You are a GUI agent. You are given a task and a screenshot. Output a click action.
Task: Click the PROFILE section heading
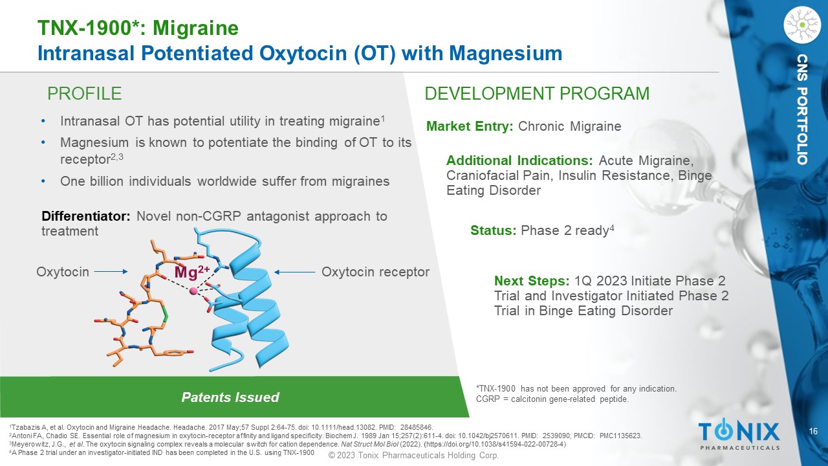point(84,94)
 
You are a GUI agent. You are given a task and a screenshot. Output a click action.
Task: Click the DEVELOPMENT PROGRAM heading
point(537,94)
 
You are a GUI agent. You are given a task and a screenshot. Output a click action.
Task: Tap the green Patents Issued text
point(230,397)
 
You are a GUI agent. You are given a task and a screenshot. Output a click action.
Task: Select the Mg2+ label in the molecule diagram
point(192,272)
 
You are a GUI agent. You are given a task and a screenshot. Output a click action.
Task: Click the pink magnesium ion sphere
point(193,291)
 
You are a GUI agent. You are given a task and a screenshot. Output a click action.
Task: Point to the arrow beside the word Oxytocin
point(111,272)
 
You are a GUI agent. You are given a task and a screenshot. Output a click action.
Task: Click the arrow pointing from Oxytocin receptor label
point(294,272)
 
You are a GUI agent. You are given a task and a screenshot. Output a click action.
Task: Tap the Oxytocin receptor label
point(375,272)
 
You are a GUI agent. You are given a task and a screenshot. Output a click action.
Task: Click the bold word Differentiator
point(86,216)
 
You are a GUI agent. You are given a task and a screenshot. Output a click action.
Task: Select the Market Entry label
point(470,126)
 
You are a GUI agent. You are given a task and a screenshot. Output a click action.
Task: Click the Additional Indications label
point(519,161)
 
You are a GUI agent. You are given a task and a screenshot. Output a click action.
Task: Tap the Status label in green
point(493,230)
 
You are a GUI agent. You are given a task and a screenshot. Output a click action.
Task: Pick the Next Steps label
point(532,281)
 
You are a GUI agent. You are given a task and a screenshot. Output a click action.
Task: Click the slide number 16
point(813,431)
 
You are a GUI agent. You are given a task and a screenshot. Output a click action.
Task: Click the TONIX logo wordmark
point(739,431)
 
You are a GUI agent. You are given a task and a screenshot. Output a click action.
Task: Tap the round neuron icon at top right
point(802,25)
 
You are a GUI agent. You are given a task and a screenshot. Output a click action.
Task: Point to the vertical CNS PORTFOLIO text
point(802,109)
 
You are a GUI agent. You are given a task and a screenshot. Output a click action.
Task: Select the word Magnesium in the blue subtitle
point(506,53)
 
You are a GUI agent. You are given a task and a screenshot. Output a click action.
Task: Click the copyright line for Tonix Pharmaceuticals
point(413,455)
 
